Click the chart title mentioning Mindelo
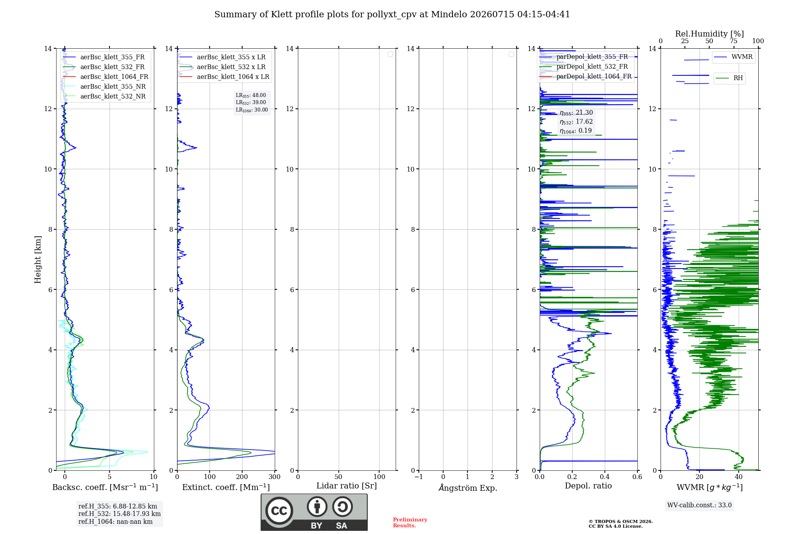click(392, 15)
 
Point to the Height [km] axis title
click(38, 260)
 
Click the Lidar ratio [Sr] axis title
click(347, 486)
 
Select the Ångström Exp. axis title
click(468, 488)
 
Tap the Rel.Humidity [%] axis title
click(710, 34)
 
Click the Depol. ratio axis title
click(588, 486)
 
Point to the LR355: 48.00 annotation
click(251, 95)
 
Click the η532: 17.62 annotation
click(576, 122)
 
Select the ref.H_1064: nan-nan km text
click(115, 521)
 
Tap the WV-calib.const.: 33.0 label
click(699, 505)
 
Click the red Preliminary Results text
click(410, 523)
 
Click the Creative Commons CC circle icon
click(279, 511)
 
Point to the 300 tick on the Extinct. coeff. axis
click(275, 477)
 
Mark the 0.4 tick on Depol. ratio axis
click(605, 477)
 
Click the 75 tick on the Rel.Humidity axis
click(734, 41)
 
